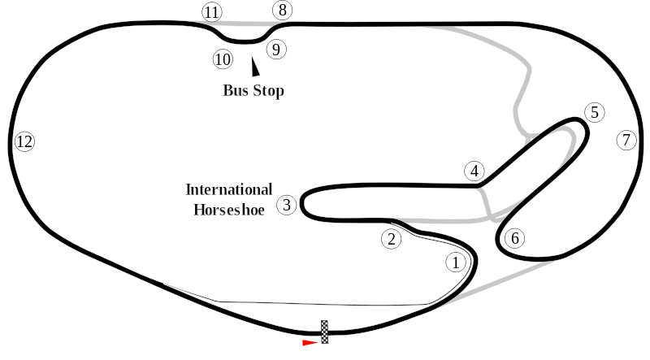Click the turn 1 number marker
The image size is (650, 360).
coord(456,262)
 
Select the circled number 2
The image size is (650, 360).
coord(392,239)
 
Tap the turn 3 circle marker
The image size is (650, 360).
coord(287,205)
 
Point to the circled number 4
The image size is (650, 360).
coord(474,171)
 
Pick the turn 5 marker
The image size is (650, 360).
coord(595,112)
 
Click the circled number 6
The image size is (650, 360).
coord(515,238)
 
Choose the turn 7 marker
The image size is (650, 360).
coord(626,141)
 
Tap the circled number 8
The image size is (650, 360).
coord(282,10)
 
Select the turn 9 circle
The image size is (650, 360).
coord(276,50)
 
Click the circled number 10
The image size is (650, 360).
coord(223,59)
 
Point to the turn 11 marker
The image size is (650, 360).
coord(212,12)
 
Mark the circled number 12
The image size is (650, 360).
coord(24,141)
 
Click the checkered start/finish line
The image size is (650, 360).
coord(324,332)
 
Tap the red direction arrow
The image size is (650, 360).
coord(310,343)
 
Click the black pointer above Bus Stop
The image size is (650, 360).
coord(255,67)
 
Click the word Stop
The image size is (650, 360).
coord(270,91)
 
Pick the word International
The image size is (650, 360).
coord(229,189)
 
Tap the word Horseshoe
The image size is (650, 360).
coord(229,210)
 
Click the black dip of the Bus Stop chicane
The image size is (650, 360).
coord(244,41)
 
